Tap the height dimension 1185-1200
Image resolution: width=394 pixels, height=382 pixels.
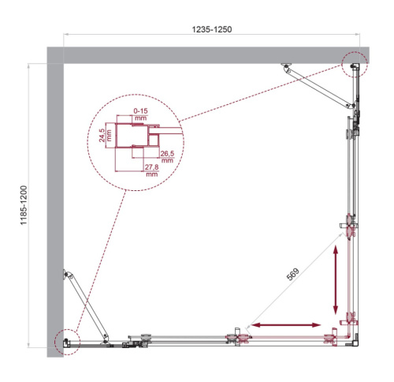coord(24,205)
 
